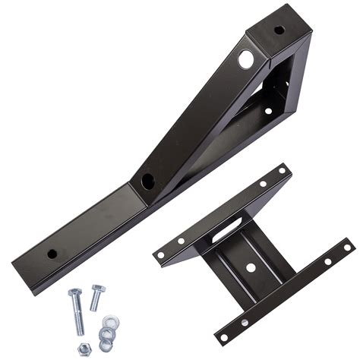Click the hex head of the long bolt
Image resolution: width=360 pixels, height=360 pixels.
(x=74, y=293)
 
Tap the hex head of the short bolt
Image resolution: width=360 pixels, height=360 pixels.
(x=98, y=289)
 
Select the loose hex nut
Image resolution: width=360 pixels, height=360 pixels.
(x=86, y=349)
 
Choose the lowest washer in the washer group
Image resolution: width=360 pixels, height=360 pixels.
(x=106, y=346)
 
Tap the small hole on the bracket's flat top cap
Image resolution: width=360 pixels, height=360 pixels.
(x=279, y=30)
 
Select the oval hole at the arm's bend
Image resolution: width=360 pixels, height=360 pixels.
(x=147, y=182)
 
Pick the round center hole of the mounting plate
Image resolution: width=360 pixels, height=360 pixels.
(x=250, y=267)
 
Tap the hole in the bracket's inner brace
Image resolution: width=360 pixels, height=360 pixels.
(x=267, y=111)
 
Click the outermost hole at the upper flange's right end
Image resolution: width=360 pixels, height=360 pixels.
(x=282, y=172)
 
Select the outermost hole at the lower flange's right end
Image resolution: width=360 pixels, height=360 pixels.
(x=346, y=247)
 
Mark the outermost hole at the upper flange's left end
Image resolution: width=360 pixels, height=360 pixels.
(x=162, y=255)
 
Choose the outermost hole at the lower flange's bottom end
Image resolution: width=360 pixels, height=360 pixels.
(x=225, y=333)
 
